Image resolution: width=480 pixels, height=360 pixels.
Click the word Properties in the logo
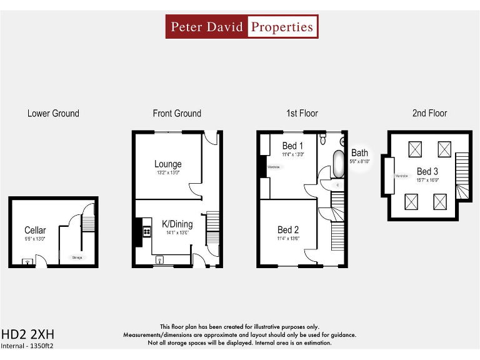coord(282,27)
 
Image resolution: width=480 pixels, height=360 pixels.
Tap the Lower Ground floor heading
coord(53,113)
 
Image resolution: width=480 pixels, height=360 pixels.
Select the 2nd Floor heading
coord(429,113)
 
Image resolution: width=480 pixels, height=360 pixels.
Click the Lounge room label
coord(167,164)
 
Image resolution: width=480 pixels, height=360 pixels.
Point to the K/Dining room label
coord(177,224)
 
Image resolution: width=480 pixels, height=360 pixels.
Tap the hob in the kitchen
coord(147,231)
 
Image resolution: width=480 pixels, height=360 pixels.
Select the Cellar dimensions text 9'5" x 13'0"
coord(35,239)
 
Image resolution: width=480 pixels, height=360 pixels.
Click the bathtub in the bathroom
coord(338,164)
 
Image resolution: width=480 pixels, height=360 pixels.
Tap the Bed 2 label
coord(288,230)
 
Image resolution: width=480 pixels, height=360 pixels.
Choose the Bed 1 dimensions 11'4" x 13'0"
coord(292,154)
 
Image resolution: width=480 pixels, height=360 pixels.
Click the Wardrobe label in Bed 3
coord(401,176)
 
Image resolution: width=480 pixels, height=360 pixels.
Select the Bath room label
coord(359,152)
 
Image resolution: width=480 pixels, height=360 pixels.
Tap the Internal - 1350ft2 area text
coord(27,346)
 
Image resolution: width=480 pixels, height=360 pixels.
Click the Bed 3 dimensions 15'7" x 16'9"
coord(427,180)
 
